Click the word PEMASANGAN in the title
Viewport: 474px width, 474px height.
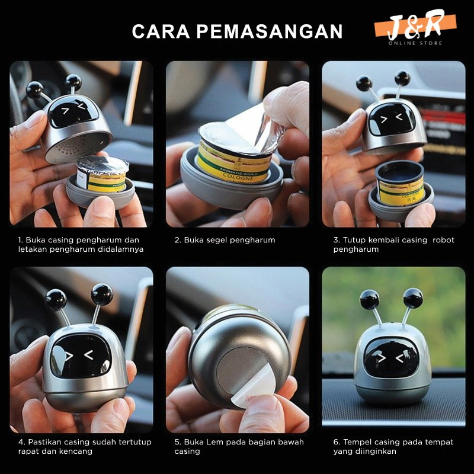[x=270, y=31]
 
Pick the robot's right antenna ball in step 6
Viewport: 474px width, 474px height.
[x=413, y=298]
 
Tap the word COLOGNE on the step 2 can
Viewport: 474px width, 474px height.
[x=238, y=177]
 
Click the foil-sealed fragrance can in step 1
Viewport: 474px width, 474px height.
[x=101, y=174]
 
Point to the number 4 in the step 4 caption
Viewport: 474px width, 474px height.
[x=21, y=442]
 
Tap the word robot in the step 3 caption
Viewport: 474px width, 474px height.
[x=443, y=240]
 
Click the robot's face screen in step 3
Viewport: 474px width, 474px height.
[x=392, y=119]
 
